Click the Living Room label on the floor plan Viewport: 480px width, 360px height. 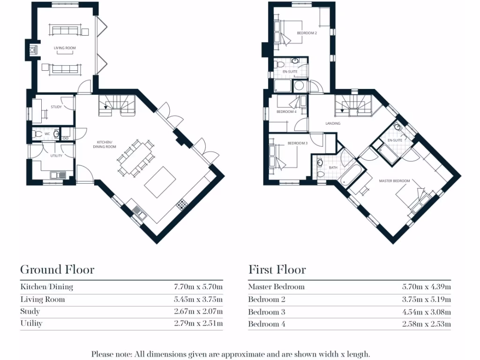tap(65, 48)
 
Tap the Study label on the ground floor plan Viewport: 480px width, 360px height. tap(56, 107)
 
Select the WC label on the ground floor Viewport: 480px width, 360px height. tap(47, 134)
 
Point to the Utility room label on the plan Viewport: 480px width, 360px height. tap(56, 156)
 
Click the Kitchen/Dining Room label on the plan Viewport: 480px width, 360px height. tap(106, 144)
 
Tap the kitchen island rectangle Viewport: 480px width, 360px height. tap(160, 182)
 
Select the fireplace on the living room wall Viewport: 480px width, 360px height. tap(32, 49)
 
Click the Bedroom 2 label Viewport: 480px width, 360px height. tap(307, 33)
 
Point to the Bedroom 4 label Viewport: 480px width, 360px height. tap(286, 112)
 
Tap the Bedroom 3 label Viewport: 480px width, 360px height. tap(297, 143)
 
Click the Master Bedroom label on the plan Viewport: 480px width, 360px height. tap(394, 181)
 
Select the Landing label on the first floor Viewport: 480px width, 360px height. tap(333, 123)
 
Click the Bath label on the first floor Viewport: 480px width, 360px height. tap(333, 167)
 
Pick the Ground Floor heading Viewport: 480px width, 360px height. tap(57, 270)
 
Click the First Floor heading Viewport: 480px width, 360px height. tap(277, 270)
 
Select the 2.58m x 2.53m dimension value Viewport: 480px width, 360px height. tap(426, 324)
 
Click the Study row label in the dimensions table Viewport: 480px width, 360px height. tap(30, 311)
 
